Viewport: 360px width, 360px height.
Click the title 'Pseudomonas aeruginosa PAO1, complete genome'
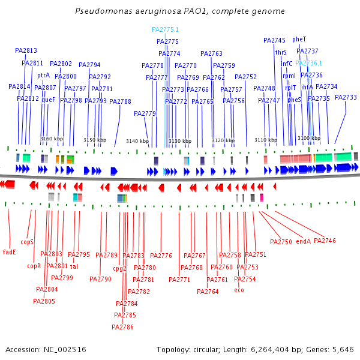tap(180, 11)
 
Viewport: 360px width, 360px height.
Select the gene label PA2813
tap(26, 51)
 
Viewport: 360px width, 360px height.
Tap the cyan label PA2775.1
tap(165, 29)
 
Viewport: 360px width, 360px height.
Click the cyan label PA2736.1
tap(308, 63)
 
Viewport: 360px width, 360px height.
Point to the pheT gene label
tap(299, 39)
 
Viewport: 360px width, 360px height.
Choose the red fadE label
tap(10, 251)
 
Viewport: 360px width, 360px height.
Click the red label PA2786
tap(122, 327)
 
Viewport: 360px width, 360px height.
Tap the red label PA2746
tap(325, 241)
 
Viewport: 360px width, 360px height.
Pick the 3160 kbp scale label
tap(52, 139)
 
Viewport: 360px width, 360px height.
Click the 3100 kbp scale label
tap(308, 139)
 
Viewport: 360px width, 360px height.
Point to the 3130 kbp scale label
tap(180, 141)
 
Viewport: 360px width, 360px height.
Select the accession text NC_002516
tap(46, 349)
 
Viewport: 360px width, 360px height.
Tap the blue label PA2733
tap(346, 97)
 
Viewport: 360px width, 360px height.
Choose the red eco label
tap(239, 290)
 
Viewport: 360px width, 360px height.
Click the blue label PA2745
tap(274, 40)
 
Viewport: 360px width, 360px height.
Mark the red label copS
tap(26, 242)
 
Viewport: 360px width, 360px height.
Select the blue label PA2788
tap(120, 101)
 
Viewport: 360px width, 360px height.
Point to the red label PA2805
tap(45, 301)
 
